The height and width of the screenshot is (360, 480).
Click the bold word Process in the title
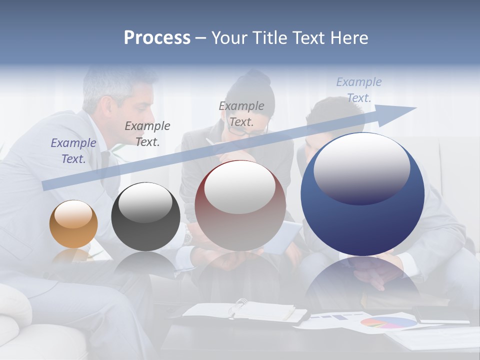pyautogui.click(x=157, y=37)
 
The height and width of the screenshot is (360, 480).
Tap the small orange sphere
pyautogui.click(x=73, y=224)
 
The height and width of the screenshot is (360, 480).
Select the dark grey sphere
pyautogui.click(x=145, y=216)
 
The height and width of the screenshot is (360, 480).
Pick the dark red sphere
pyautogui.click(x=240, y=205)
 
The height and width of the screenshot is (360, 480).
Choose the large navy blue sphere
pyautogui.click(x=362, y=194)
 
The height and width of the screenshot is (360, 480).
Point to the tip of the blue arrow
pyautogui.click(x=415, y=108)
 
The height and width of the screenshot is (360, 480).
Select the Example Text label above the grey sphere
pyautogui.click(x=147, y=134)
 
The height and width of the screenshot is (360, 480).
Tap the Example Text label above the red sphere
pyautogui.click(x=241, y=113)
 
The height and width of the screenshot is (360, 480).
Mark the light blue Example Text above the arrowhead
pyautogui.click(x=359, y=90)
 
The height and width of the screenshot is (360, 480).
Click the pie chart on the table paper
pyautogui.click(x=388, y=322)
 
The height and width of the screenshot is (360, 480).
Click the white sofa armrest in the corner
pyautogui.click(x=15, y=305)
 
